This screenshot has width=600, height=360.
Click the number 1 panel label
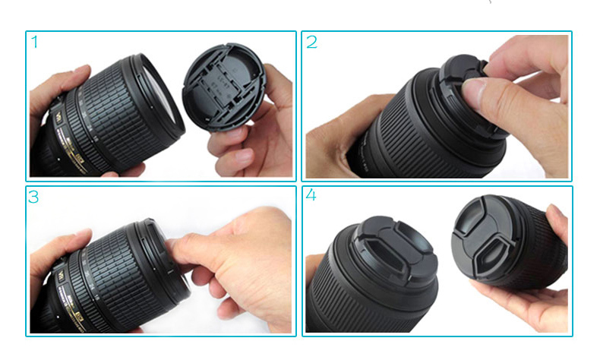click(34, 42)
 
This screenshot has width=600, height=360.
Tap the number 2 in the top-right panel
click(311, 42)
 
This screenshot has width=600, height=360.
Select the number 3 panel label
click(34, 197)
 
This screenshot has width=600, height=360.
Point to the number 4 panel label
click(311, 196)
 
